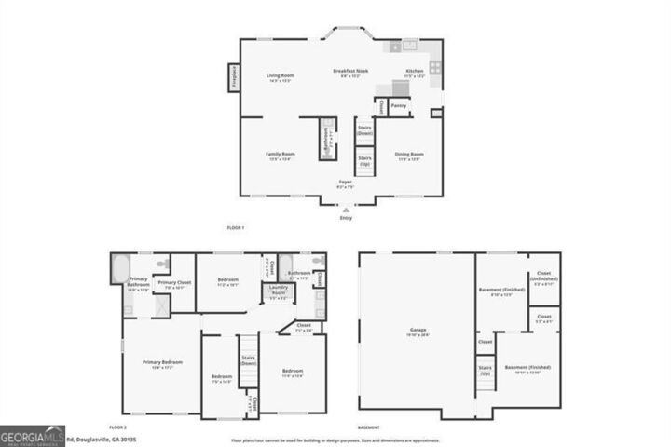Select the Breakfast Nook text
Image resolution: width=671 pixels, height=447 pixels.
coord(348,73)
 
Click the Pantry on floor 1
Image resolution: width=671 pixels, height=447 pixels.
coord(399,105)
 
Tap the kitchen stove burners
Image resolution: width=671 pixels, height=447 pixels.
coord(435,68)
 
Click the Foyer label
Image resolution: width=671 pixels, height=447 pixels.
coord(345,183)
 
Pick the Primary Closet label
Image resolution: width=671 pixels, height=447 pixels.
coord(173,284)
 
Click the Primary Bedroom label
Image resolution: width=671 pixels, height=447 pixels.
coord(162,363)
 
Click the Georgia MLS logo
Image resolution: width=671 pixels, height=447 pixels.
coord(33,435)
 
